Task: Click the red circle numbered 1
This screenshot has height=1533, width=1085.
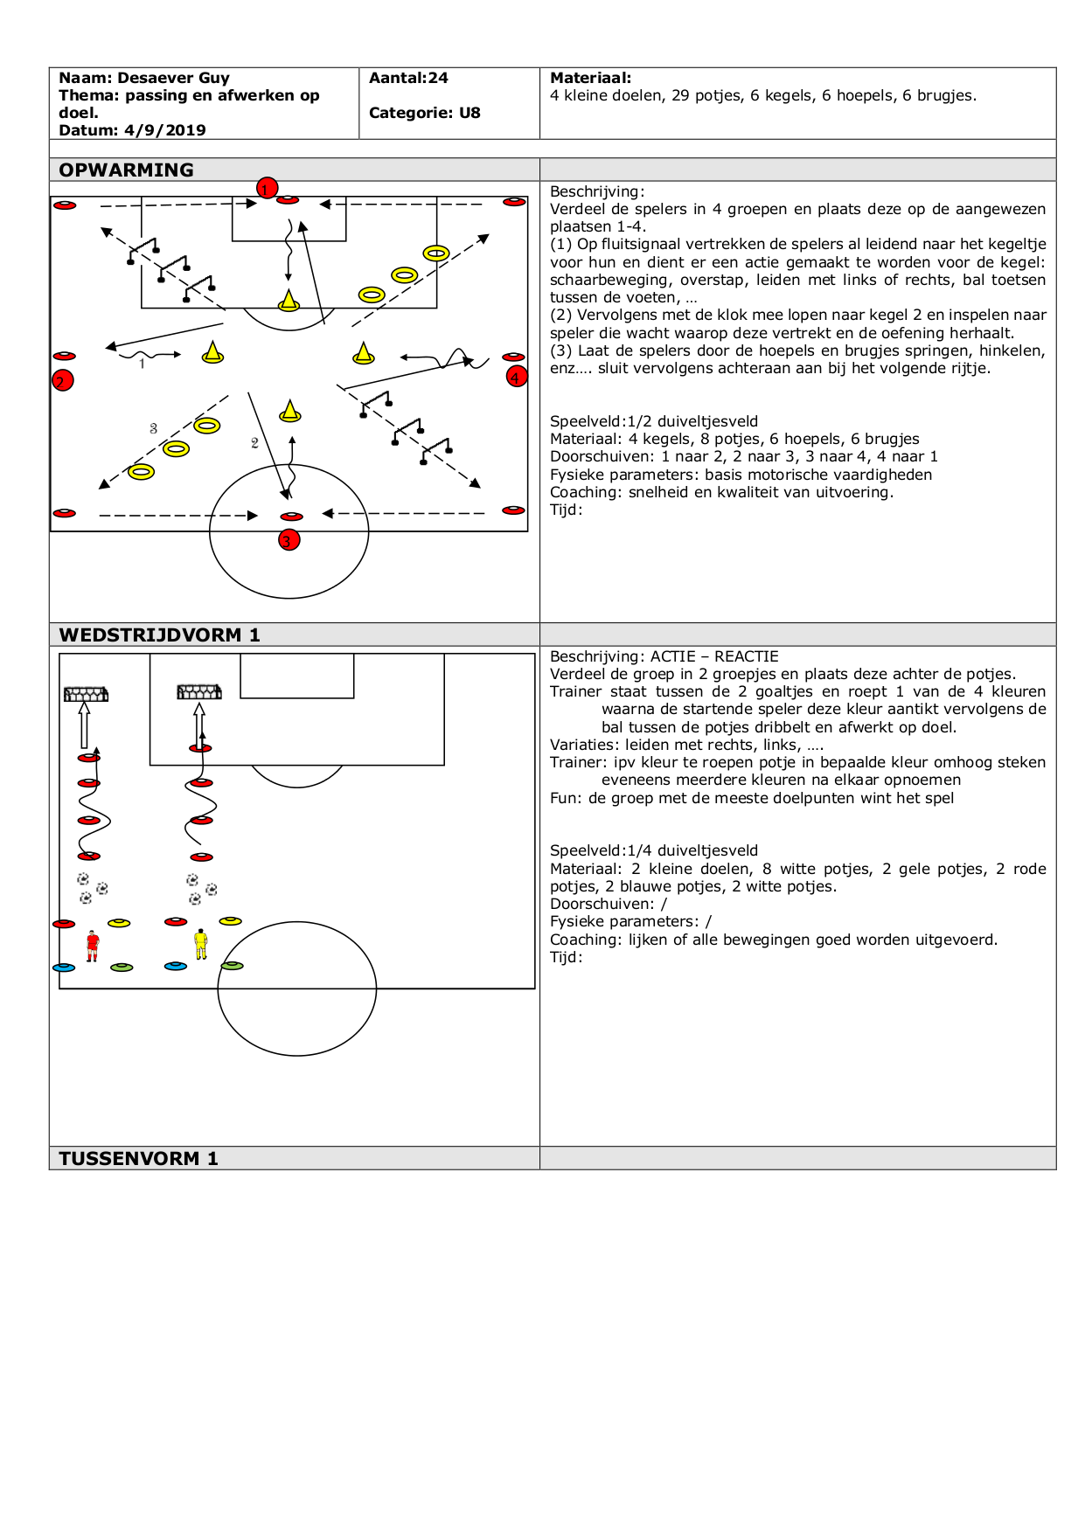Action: coord(267,188)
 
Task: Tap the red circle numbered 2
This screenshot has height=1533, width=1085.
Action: coord(62,380)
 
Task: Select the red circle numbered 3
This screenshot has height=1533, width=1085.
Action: coord(289,540)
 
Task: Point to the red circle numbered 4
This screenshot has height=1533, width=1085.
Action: coord(517,377)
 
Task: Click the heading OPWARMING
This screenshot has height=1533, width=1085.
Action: coord(127,170)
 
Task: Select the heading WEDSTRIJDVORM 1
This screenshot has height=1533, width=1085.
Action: coord(159,635)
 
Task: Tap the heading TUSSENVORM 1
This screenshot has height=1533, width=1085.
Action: coord(138,1158)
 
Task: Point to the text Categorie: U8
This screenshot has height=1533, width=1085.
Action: coord(424,113)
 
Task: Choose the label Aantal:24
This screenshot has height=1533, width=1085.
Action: coord(408,78)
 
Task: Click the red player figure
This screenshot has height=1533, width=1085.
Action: coord(92,946)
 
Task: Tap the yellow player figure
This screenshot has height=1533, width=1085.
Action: coord(201,944)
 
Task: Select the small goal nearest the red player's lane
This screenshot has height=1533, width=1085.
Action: coord(86,694)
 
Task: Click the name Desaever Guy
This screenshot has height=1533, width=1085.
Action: coord(173,78)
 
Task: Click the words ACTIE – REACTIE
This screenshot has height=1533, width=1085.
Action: coord(714,656)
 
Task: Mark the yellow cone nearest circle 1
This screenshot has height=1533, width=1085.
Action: coord(289,301)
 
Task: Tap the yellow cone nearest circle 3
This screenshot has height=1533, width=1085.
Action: coord(289,411)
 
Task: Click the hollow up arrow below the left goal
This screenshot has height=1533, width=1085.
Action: coord(85,725)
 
